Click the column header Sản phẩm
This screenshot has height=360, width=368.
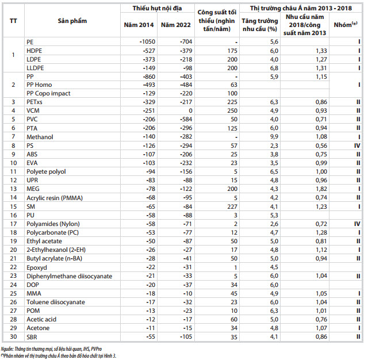(x=72, y=21)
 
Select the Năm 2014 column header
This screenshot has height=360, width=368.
(x=139, y=25)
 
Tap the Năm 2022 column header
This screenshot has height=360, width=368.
(x=176, y=25)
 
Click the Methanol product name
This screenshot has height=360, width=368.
(x=40, y=137)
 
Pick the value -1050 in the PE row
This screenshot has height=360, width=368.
(x=147, y=42)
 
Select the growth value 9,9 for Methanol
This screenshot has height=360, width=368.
(x=274, y=137)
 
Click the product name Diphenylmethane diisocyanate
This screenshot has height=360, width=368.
(x=69, y=276)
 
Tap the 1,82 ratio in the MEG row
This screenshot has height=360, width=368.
(x=321, y=189)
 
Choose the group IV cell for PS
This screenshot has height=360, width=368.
(x=357, y=145)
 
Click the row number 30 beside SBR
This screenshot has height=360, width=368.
(x=13, y=337)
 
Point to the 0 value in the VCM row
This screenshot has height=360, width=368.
(x=190, y=110)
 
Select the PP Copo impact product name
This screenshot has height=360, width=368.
(x=48, y=93)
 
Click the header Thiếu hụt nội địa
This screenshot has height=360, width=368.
(x=157, y=8)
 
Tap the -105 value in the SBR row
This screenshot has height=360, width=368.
(x=186, y=337)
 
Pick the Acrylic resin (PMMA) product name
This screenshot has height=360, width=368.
(x=55, y=198)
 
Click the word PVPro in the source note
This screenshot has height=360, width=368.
(x=96, y=349)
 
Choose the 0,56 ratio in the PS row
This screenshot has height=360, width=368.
(x=321, y=145)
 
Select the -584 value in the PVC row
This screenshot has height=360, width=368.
(x=186, y=119)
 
